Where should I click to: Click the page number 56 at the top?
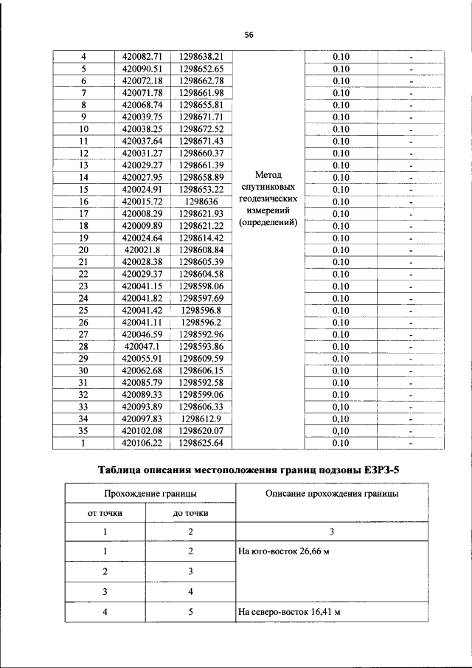pyautogui.click(x=249, y=35)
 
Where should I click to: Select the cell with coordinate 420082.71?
pyautogui.click(x=142, y=56)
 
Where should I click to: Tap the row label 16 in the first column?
pyautogui.click(x=83, y=201)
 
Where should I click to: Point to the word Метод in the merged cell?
pyautogui.click(x=268, y=176)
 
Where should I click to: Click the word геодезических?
pyautogui.click(x=268, y=199)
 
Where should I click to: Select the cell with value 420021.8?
pyautogui.click(x=142, y=249)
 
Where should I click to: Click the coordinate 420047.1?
pyautogui.click(x=142, y=346)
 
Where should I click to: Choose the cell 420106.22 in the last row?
pyautogui.click(x=142, y=443)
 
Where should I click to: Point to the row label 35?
pyautogui.click(x=83, y=431)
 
